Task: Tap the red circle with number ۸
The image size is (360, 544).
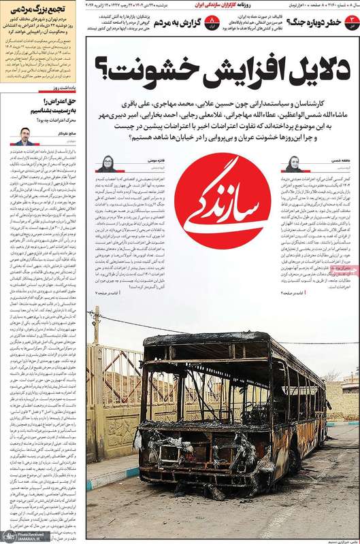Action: [210, 22]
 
